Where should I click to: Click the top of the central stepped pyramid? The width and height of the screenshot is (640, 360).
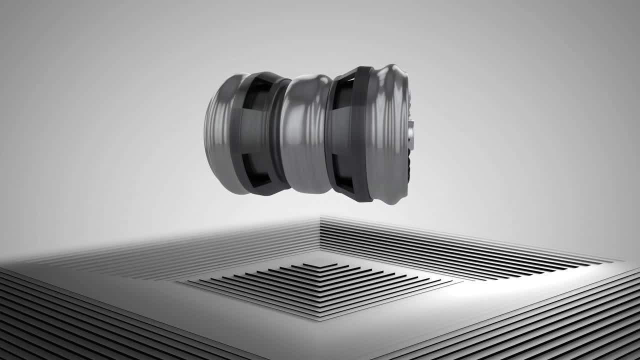point(320,265)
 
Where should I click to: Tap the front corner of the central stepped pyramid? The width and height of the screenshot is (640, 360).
point(320,318)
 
